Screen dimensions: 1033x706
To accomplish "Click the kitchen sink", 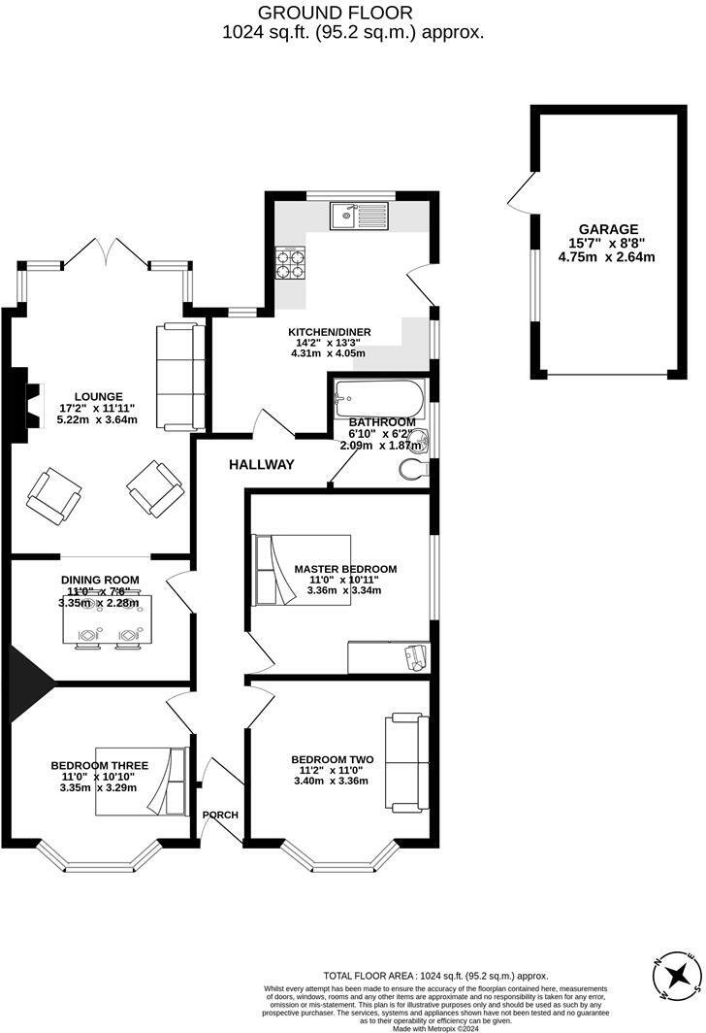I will [x=358, y=216].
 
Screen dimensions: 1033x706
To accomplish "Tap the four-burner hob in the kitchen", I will [x=290, y=264].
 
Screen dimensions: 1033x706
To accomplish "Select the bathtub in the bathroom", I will [x=379, y=397].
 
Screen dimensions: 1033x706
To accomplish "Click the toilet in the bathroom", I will [x=413, y=471].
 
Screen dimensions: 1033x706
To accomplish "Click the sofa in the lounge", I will [x=180, y=377].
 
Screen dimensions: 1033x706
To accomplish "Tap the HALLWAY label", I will [x=261, y=465].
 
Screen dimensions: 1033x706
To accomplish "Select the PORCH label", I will [x=220, y=814].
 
